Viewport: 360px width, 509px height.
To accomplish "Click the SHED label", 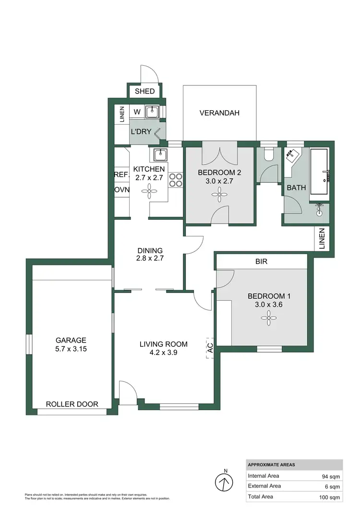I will pyautogui.click(x=144, y=91).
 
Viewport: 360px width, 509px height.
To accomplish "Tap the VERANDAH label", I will pyautogui.click(x=219, y=113).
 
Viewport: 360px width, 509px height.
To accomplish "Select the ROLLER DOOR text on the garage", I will pyautogui.click(x=72, y=404).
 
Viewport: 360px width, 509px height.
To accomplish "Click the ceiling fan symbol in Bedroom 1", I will pyautogui.click(x=266, y=317).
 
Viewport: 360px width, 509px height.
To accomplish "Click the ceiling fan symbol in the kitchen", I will pyautogui.click(x=149, y=193).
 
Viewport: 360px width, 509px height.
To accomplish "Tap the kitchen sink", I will pyautogui.click(x=160, y=155).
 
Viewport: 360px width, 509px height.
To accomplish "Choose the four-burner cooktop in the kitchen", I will pyautogui.click(x=176, y=180).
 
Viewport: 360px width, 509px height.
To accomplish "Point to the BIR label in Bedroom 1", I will pyautogui.click(x=262, y=262).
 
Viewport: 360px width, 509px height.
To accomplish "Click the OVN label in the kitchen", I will pyautogui.click(x=121, y=190).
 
